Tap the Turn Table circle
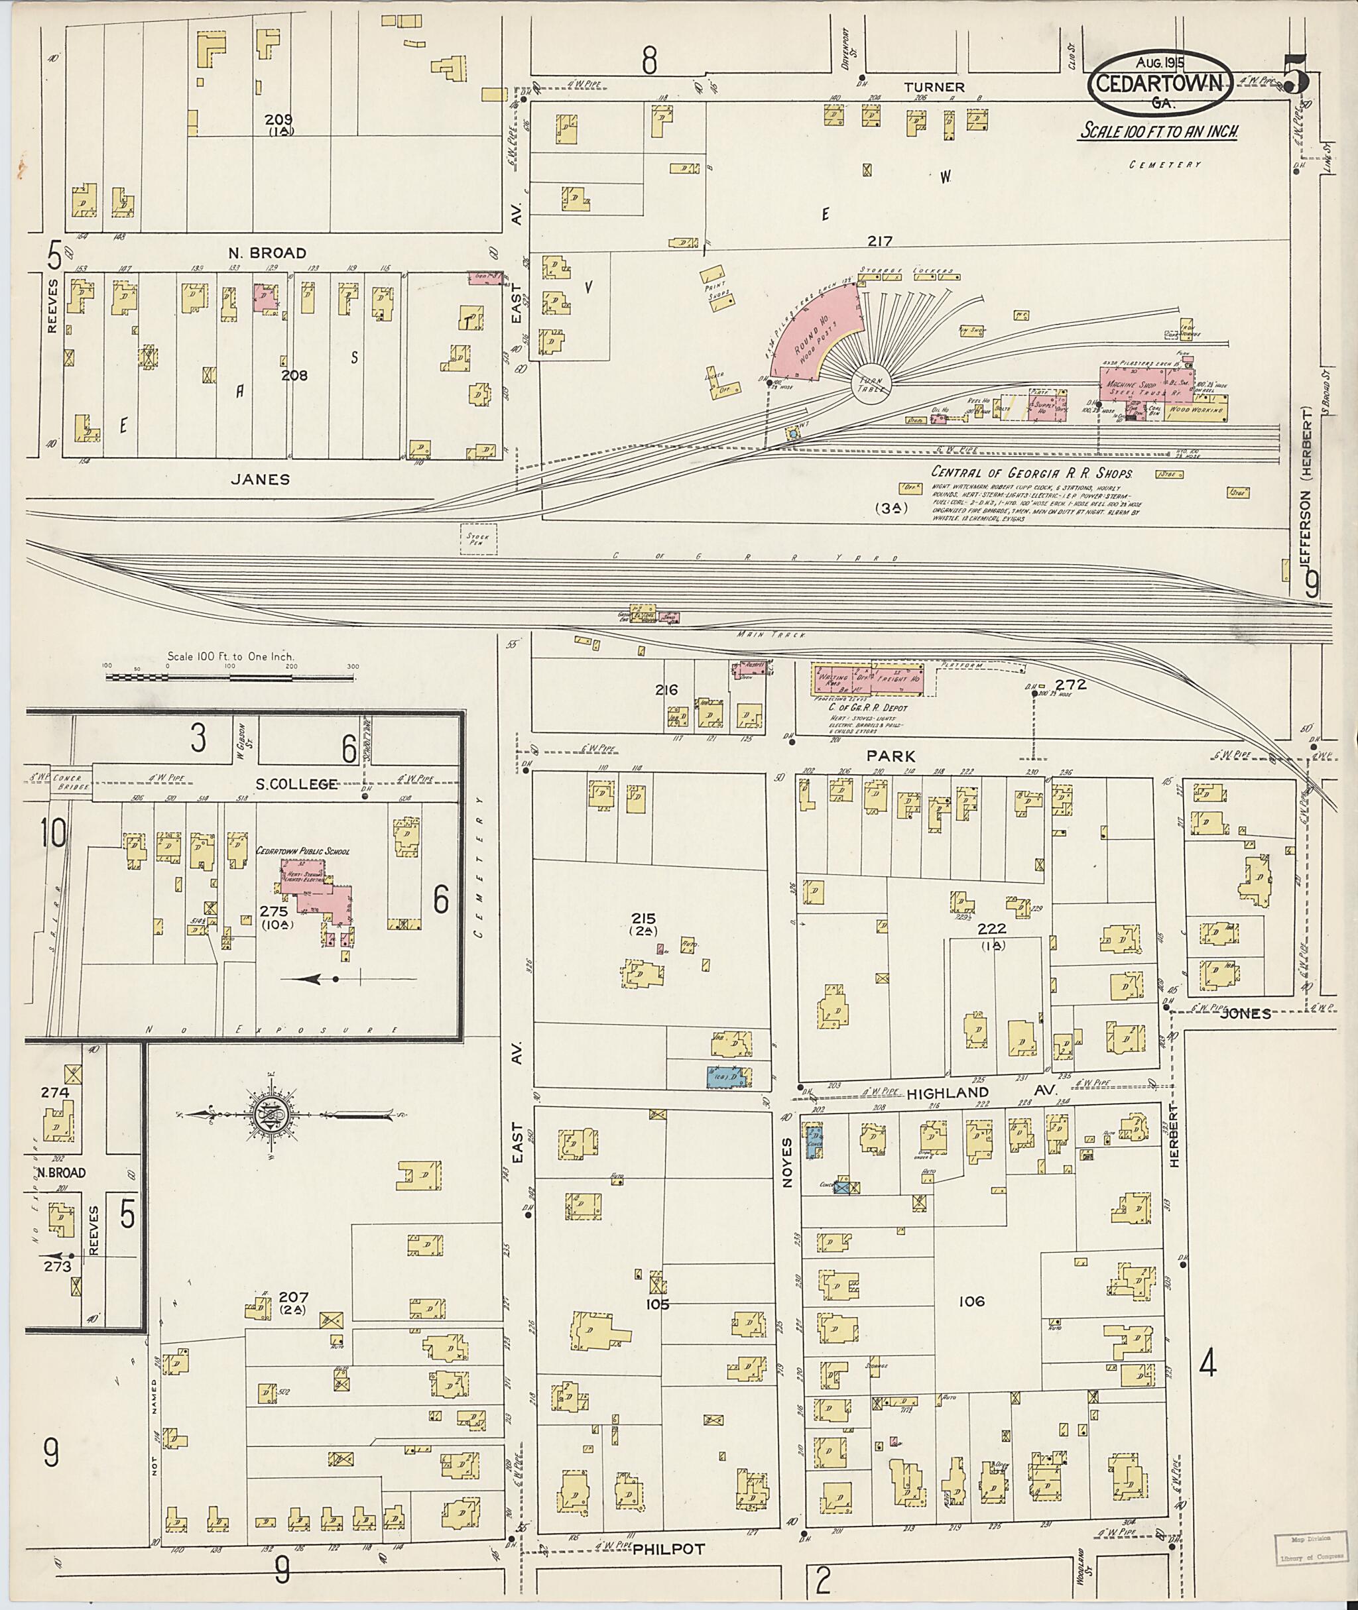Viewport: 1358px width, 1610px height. (x=871, y=382)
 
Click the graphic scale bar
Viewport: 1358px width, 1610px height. (x=229, y=678)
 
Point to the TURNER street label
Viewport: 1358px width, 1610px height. (x=934, y=87)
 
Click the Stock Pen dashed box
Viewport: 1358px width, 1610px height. (x=478, y=539)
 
